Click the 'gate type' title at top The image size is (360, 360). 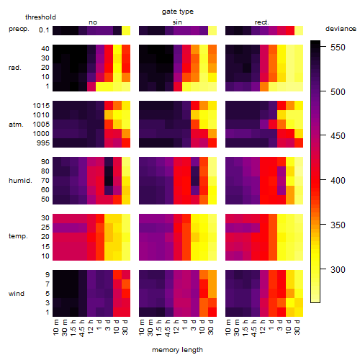click(x=178, y=12)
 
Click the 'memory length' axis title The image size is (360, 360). click(x=177, y=350)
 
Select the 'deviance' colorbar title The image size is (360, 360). click(x=341, y=29)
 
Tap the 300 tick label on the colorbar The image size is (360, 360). click(x=338, y=270)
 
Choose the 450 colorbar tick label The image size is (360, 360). click(x=338, y=136)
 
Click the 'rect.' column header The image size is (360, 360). click(x=261, y=22)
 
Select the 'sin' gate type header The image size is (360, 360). click(x=177, y=22)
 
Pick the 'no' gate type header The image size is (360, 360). click(x=93, y=22)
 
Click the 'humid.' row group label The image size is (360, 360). click(x=20, y=181)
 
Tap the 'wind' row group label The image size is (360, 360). click(x=17, y=294)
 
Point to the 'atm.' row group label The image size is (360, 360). click(x=16, y=125)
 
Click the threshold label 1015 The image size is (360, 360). click(x=41, y=106)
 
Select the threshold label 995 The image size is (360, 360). click(x=43, y=143)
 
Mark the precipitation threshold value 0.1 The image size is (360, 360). click(x=44, y=30)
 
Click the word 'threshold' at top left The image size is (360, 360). click(x=40, y=17)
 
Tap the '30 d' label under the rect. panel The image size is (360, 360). click(x=297, y=327)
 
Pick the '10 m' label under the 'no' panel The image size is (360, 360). click(x=55, y=328)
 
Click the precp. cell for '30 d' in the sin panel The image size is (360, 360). click(x=212, y=30)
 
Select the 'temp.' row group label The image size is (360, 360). click(x=18, y=236)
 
